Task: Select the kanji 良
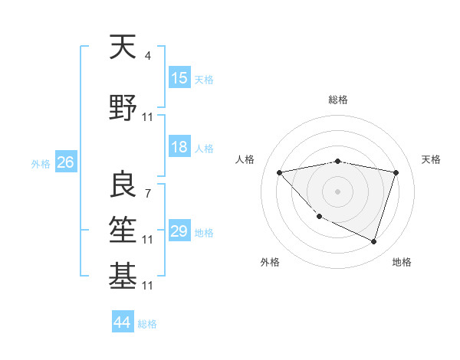(x=123, y=185)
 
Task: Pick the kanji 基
(x=123, y=277)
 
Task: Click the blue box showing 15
(x=179, y=78)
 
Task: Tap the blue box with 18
(x=179, y=147)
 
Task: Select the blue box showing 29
(x=179, y=231)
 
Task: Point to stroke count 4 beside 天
(x=147, y=55)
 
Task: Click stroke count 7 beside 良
(x=147, y=193)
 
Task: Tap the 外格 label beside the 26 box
(x=41, y=163)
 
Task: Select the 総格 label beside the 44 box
(x=147, y=324)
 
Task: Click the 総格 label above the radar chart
(x=337, y=100)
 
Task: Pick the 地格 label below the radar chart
(x=402, y=262)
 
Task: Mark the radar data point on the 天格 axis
(x=396, y=172)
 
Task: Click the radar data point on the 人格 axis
(x=279, y=172)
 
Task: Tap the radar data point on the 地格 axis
(x=373, y=242)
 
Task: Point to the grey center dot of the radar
(x=337, y=191)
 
